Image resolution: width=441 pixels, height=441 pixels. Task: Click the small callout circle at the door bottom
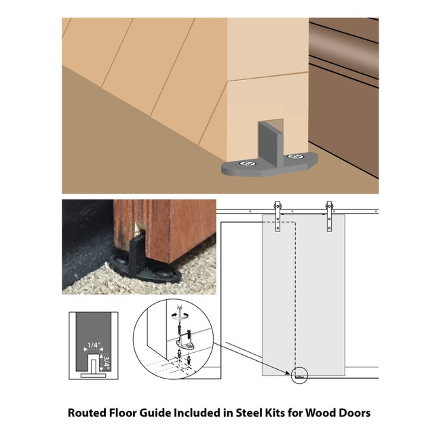299,375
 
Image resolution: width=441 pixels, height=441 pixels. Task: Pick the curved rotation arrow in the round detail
179,315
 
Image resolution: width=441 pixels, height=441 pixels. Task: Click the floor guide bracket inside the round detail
185,344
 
